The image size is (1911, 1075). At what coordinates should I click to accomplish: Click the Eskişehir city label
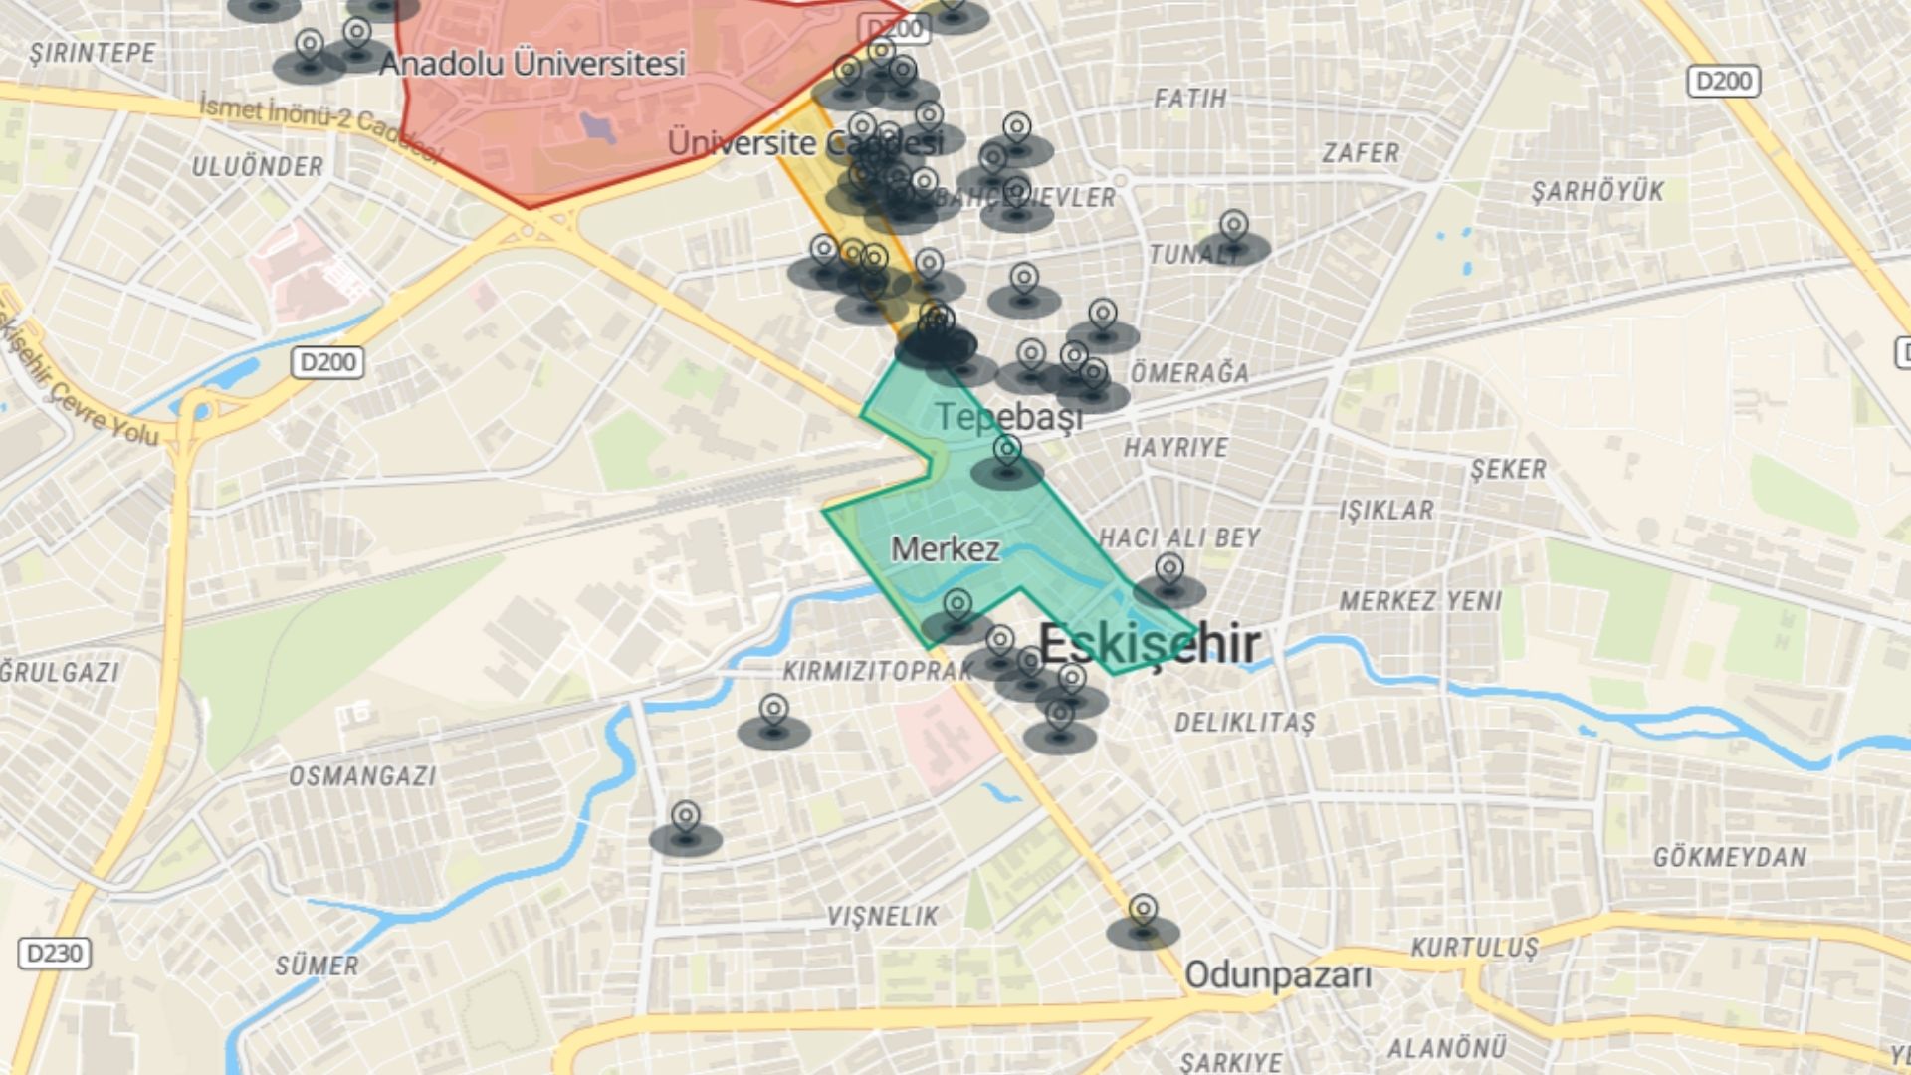[x=1150, y=644]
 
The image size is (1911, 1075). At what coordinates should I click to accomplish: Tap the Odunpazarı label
[x=1277, y=975]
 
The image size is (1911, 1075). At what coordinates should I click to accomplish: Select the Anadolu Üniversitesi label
[x=532, y=64]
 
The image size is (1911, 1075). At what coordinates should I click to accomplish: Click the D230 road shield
[x=54, y=954]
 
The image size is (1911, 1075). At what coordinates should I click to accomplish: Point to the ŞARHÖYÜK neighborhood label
[x=1596, y=191]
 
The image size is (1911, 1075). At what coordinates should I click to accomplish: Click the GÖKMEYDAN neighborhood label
[x=1729, y=857]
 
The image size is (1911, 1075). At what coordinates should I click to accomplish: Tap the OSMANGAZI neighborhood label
[x=362, y=775]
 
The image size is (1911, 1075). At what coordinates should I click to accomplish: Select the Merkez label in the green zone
[x=945, y=548]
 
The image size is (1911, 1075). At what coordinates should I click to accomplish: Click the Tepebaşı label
[x=1008, y=417]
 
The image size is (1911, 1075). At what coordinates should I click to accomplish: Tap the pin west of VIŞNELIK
[x=685, y=818]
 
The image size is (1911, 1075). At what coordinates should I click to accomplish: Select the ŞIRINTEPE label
[x=93, y=53]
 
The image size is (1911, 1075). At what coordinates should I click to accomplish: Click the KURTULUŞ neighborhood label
[x=1474, y=947]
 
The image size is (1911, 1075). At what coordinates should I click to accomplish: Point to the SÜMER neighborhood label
[x=317, y=966]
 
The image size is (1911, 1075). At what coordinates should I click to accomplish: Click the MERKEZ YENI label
[x=1419, y=601]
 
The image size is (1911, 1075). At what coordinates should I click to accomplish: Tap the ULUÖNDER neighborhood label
[x=257, y=166]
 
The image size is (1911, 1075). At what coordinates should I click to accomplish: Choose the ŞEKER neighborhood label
[x=1508, y=469]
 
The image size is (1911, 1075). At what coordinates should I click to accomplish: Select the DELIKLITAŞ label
[x=1244, y=722]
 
